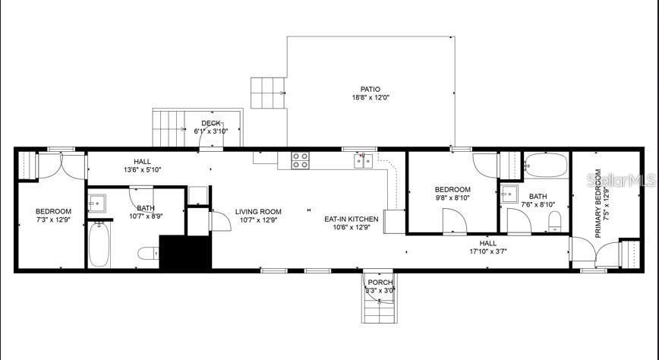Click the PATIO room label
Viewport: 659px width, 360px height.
pyautogui.click(x=370, y=89)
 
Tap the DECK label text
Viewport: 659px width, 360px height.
pyautogui.click(x=211, y=123)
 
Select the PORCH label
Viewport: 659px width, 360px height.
pyautogui.click(x=380, y=283)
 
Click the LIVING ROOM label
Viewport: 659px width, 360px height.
pyautogui.click(x=258, y=212)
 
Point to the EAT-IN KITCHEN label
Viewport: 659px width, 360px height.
pyautogui.click(x=352, y=219)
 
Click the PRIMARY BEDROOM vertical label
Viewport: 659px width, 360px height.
pyautogui.click(x=598, y=204)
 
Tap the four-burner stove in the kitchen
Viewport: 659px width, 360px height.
pyautogui.click(x=301, y=161)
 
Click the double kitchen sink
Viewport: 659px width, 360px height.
pyautogui.click(x=363, y=161)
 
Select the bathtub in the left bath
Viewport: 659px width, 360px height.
pyautogui.click(x=99, y=245)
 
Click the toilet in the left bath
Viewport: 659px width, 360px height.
pyautogui.click(x=148, y=253)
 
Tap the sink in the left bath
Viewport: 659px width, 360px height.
pyautogui.click(x=97, y=204)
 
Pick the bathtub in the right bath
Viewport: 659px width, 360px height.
pyautogui.click(x=546, y=166)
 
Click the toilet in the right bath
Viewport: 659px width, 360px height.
pyautogui.click(x=555, y=222)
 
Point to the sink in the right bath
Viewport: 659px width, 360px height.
pyautogui.click(x=509, y=194)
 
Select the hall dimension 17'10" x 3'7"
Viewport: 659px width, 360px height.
pyautogui.click(x=488, y=251)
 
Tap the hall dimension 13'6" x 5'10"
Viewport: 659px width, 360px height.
pyautogui.click(x=143, y=169)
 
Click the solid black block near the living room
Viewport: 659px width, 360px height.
pyautogui.click(x=185, y=252)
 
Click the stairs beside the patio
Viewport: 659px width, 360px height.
pyautogui.click(x=268, y=93)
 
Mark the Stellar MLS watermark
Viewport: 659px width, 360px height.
pyautogui.click(x=621, y=181)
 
